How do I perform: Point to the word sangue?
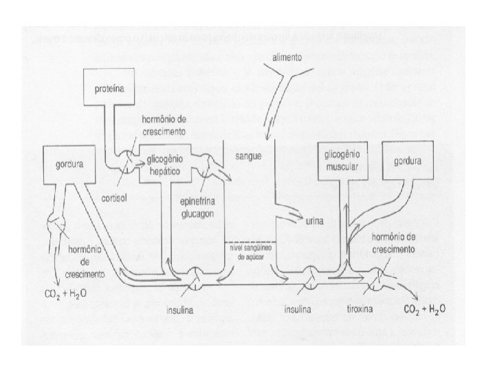[247, 157]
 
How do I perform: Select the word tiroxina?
[358, 310]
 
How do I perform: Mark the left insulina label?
[181, 310]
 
